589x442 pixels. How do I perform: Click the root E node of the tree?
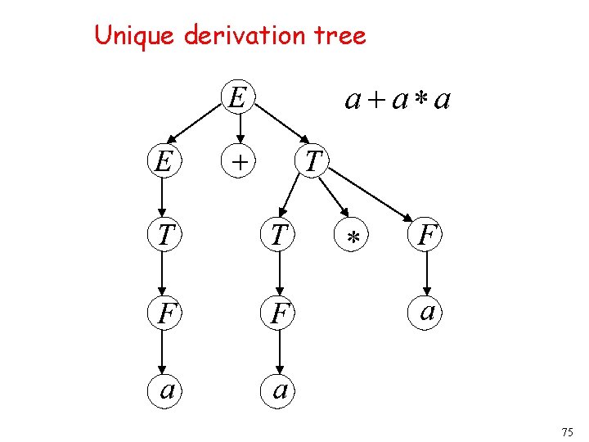[x=236, y=98]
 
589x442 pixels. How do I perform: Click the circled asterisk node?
[x=353, y=237]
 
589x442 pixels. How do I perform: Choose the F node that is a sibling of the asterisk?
[x=427, y=237]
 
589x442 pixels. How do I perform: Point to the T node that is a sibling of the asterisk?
[x=280, y=237]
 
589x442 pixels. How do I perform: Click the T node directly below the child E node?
[x=164, y=237]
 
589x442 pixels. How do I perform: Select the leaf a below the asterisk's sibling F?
[x=427, y=312]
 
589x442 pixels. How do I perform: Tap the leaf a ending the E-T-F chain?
[x=164, y=388]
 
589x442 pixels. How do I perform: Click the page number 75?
[x=569, y=431]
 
